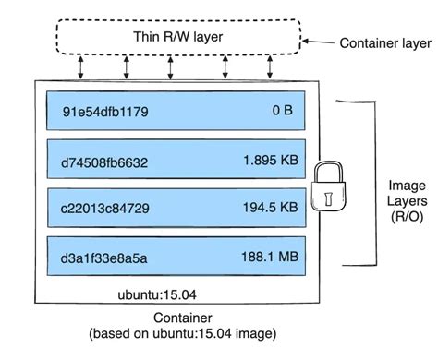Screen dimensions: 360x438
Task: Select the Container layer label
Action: (383, 42)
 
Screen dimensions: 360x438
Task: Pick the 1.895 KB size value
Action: (270, 162)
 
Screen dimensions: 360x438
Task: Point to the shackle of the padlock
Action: (328, 171)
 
